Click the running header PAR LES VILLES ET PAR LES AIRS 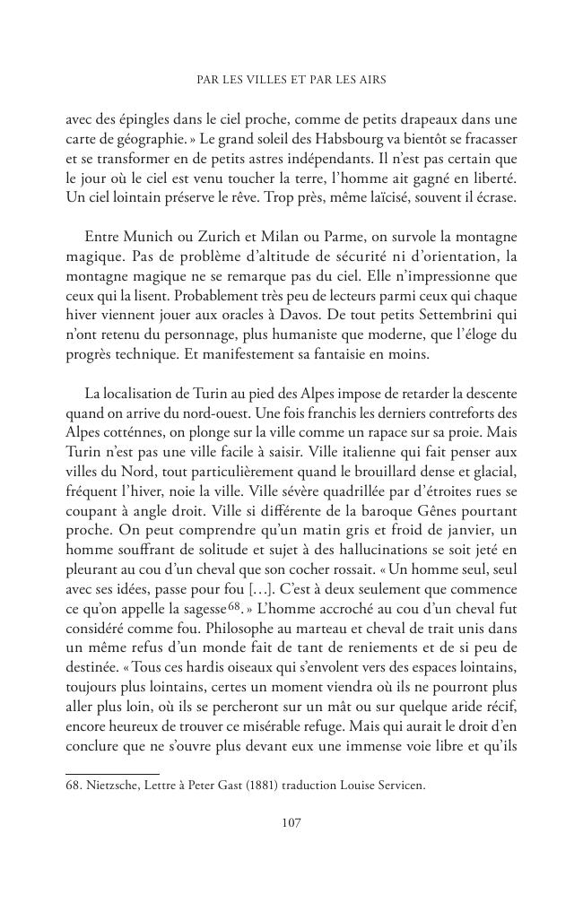tap(291, 80)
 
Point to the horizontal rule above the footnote tap(112, 772)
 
